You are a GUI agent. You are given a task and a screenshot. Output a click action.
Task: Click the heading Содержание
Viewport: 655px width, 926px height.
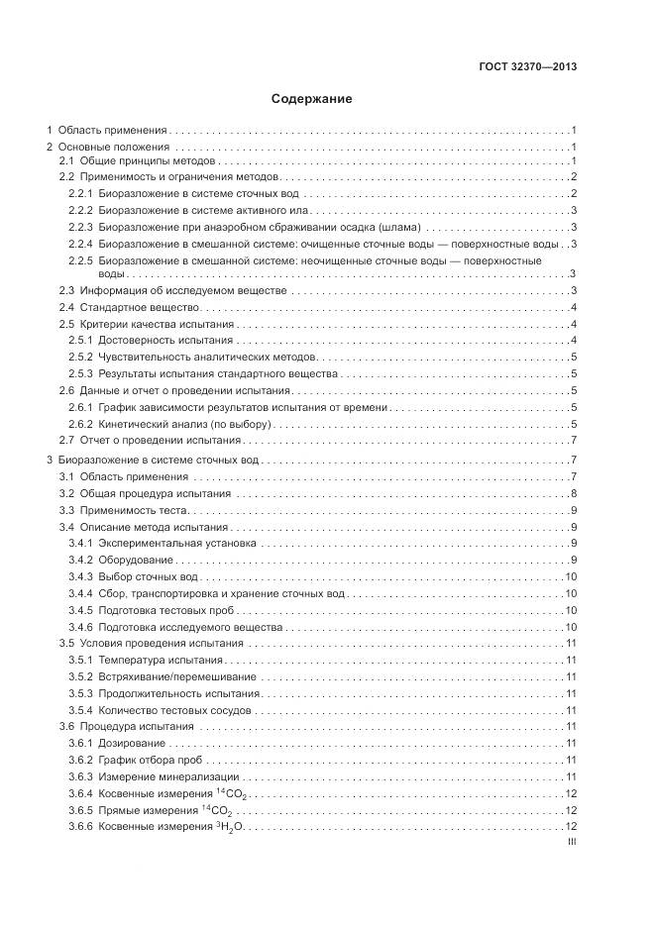tap(311, 99)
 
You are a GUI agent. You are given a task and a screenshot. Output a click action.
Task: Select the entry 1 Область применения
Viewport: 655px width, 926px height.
tap(108, 130)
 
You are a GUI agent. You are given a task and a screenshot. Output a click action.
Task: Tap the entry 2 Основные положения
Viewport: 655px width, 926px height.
tap(109, 147)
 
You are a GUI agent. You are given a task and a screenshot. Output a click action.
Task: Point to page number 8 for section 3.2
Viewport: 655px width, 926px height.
tap(574, 493)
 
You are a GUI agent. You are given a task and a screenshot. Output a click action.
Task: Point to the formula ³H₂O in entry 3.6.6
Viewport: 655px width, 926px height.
tap(229, 826)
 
